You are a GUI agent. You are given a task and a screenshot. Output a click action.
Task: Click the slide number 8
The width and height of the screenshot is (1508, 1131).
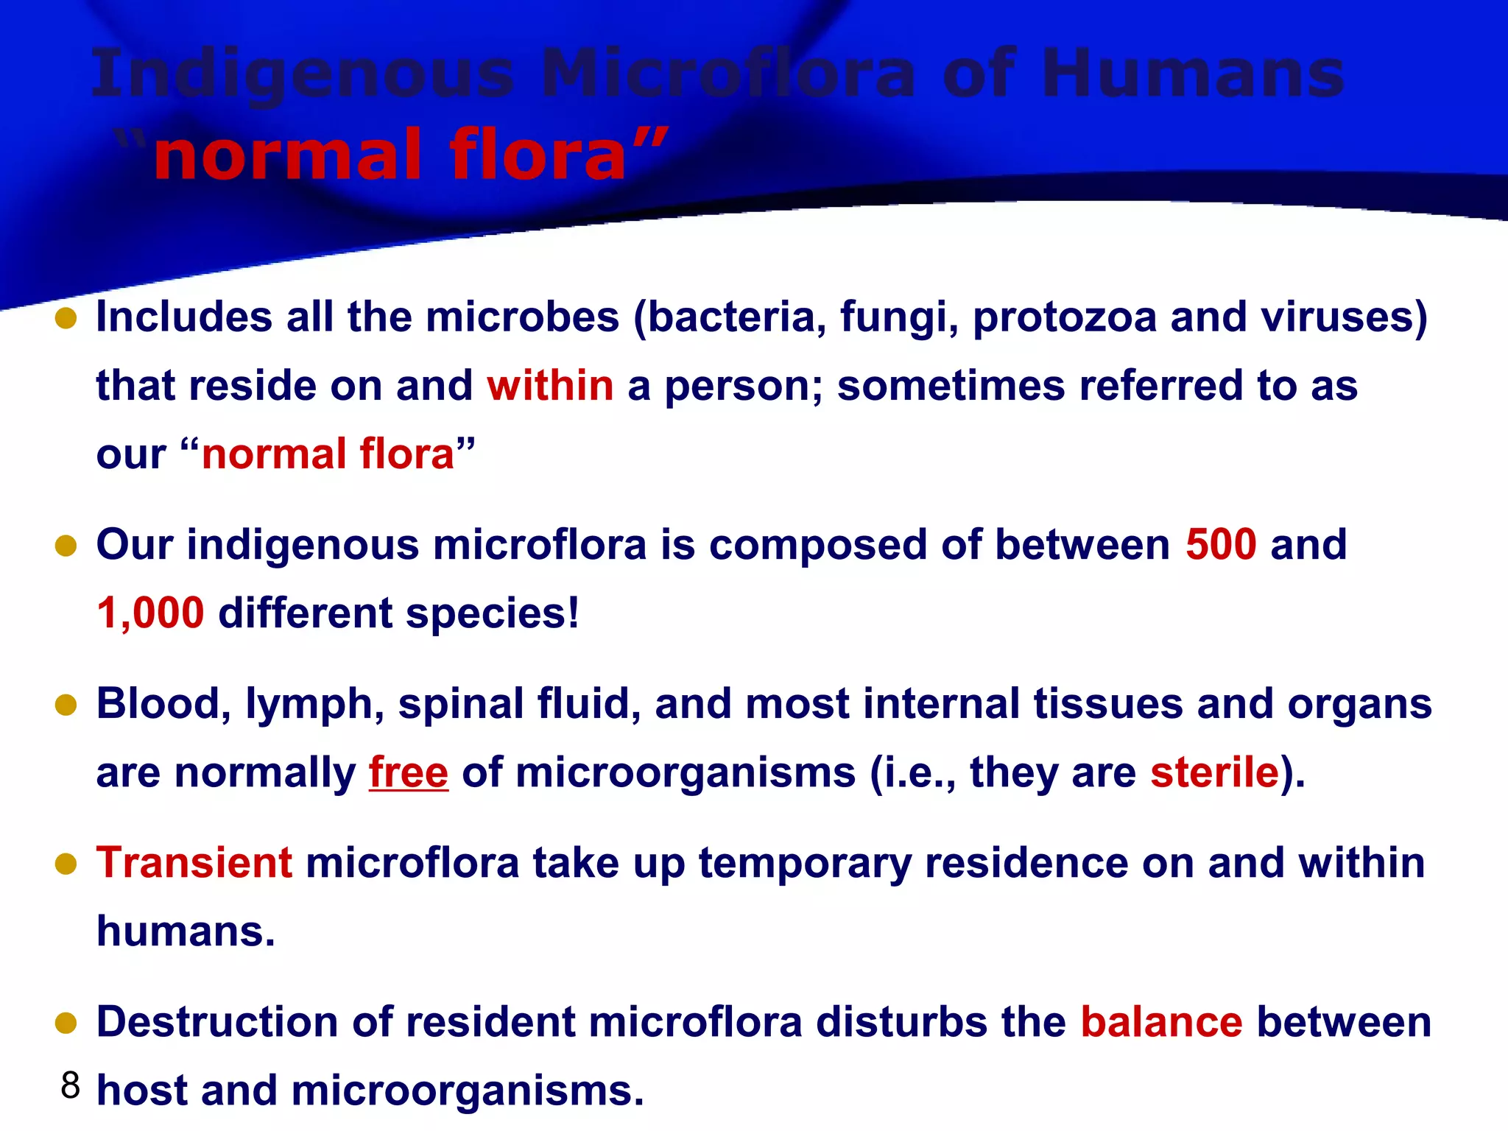pos(70,1085)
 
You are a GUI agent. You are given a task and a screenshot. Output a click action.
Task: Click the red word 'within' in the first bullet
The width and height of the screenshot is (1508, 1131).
pos(550,385)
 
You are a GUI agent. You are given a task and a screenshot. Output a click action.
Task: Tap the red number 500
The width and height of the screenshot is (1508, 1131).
pos(1220,545)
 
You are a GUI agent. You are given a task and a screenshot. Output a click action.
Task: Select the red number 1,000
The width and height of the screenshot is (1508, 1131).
pos(150,613)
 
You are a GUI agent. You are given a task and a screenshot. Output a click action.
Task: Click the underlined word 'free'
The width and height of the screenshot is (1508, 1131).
pos(408,772)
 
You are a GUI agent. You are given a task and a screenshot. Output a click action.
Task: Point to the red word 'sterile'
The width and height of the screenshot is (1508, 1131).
pos(1214,772)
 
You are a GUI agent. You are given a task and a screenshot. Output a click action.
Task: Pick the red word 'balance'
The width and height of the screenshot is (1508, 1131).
pos(1161,1022)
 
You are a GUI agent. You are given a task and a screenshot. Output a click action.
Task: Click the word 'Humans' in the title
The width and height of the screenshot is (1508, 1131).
pos(1192,74)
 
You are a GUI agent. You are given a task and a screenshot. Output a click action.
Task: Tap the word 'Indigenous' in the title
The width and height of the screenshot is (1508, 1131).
pos(302,74)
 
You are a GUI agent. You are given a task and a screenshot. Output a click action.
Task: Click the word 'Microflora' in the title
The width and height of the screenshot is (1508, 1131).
pos(728,74)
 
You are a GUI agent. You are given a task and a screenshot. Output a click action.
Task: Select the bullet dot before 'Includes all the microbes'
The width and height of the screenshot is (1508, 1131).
pos(66,318)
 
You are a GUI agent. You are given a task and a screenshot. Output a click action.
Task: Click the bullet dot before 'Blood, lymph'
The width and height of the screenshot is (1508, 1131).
pos(66,705)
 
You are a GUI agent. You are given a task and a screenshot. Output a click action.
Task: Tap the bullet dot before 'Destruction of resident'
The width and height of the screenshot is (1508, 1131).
pos(66,1023)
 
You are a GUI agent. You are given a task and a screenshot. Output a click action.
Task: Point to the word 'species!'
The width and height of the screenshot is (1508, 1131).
pos(492,613)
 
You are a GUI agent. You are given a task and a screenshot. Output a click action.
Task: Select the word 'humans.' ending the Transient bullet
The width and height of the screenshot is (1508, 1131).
pos(186,931)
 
